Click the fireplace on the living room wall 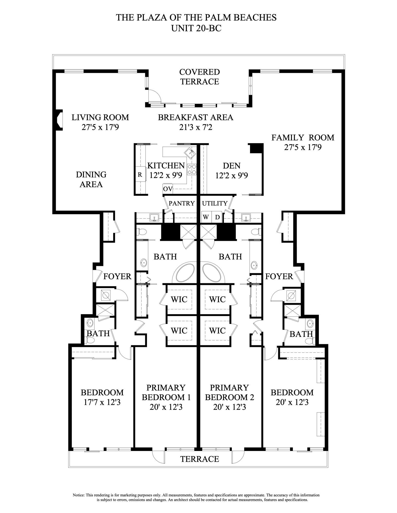(59, 120)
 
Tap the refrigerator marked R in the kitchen (140, 175)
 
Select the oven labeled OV (168, 189)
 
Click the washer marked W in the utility (206, 217)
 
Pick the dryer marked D (217, 217)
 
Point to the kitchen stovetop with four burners (192, 169)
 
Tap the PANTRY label (182, 203)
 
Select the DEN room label (232, 166)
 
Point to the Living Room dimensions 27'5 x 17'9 (100, 127)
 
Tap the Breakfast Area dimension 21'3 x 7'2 (196, 127)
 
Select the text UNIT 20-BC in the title (196, 28)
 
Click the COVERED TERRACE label (199, 77)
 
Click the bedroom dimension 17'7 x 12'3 (102, 402)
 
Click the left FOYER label (117, 276)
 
